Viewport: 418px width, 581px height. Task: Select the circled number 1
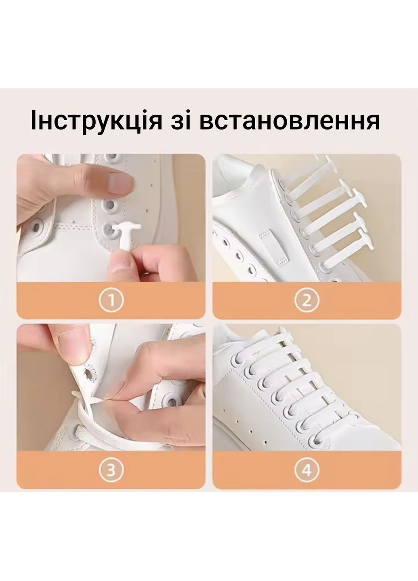pos(111,300)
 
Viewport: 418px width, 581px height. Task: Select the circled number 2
pos(307,300)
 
